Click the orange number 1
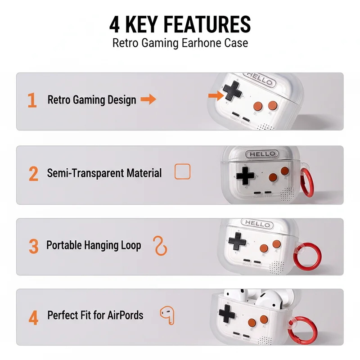(32, 100)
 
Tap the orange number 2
(33, 174)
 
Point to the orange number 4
(33, 317)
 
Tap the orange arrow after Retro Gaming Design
(148, 99)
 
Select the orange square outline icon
(182, 171)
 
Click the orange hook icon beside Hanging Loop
(160, 246)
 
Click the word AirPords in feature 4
(125, 315)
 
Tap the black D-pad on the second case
(245, 175)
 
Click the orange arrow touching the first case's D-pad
(216, 95)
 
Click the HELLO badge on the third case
(257, 224)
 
